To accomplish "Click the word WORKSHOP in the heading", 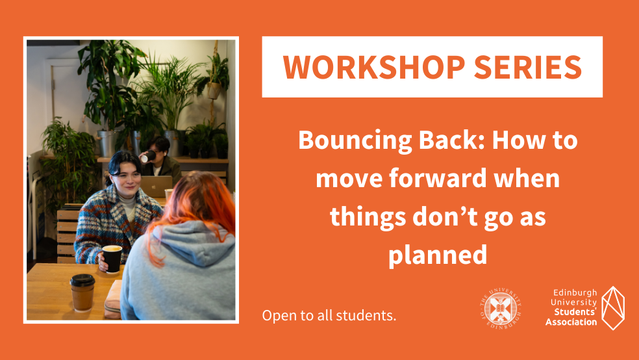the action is point(374,67).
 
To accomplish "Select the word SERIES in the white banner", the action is point(528,67).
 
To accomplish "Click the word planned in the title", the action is point(438,255).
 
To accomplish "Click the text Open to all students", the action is point(329,315).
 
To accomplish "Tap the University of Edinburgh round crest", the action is point(501,309).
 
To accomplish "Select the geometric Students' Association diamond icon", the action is point(613,308).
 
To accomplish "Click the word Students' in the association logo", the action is point(575,313).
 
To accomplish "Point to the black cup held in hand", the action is point(112,259).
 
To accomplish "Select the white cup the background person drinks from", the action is point(148,157).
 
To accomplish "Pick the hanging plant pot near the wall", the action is point(214,90).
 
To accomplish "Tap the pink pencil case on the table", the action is point(113,300).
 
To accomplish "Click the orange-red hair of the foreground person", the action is point(195,204).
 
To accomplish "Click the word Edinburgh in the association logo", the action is point(575,292).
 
